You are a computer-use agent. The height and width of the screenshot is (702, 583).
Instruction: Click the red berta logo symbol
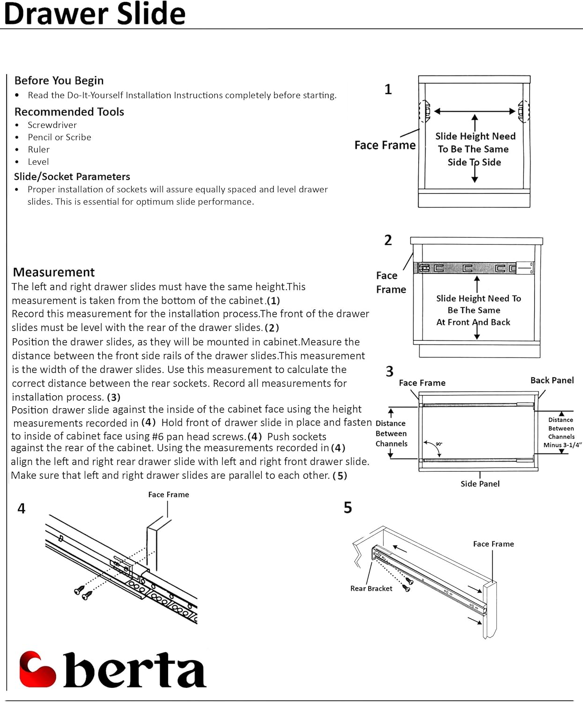click(x=37, y=669)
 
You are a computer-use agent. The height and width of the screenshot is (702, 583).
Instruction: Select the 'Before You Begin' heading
click(x=59, y=80)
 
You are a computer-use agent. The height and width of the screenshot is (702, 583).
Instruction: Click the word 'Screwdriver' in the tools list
click(x=52, y=125)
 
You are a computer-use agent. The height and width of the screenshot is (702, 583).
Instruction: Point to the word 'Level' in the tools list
click(x=38, y=161)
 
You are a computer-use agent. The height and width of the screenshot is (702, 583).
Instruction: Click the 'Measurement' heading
click(x=54, y=272)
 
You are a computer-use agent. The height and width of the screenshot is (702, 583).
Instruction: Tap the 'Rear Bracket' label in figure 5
click(x=371, y=588)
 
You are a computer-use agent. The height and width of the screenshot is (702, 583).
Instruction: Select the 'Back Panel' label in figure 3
click(x=552, y=380)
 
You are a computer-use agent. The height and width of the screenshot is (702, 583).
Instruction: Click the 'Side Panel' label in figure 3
click(x=480, y=483)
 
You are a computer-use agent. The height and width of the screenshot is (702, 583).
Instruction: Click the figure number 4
click(x=22, y=508)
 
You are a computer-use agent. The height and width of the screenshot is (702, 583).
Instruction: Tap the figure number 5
click(x=347, y=507)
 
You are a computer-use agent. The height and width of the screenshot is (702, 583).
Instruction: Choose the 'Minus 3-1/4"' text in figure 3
click(x=562, y=445)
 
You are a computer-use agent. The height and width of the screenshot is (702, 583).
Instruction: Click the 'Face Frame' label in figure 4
click(x=169, y=494)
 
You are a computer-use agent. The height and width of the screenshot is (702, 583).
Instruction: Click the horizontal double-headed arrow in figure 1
click(x=474, y=111)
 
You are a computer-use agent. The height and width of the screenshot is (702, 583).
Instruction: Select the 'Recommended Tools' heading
click(x=69, y=112)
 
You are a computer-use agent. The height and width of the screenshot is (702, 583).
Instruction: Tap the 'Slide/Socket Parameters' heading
click(x=72, y=176)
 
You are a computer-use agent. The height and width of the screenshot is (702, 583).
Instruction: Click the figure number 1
click(x=388, y=89)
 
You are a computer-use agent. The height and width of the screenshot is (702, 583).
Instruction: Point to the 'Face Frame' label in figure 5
click(x=493, y=544)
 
